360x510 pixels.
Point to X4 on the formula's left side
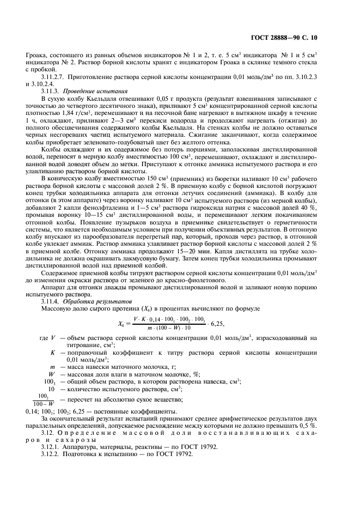tap(121, 323)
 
